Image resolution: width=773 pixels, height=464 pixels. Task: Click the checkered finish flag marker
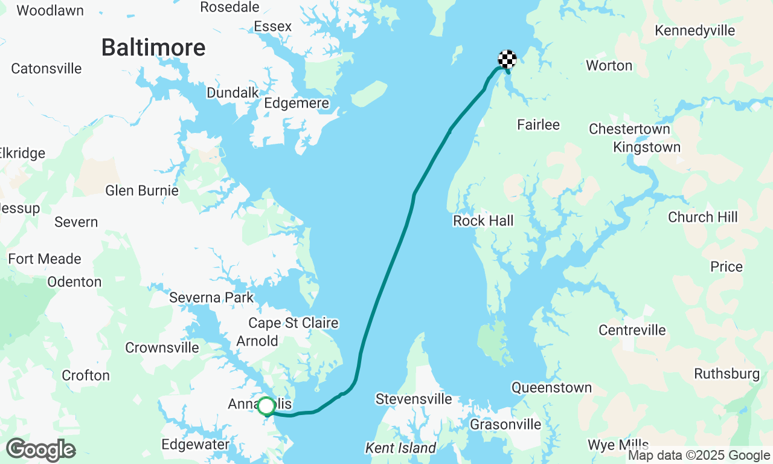pos(507,59)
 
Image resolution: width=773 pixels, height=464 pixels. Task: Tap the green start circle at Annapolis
pos(266,406)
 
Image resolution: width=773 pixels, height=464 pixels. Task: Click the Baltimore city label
pos(153,47)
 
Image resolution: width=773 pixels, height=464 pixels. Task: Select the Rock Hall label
pos(483,221)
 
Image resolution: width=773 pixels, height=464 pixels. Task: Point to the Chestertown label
pos(629,129)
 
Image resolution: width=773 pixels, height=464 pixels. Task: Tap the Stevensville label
pos(414,399)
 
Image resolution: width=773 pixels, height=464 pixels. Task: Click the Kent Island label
pos(400,448)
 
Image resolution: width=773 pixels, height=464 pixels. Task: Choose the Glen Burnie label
pos(142,191)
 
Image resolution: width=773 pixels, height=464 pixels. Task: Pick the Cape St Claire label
pos(293,323)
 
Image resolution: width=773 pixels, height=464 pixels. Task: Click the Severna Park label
pos(211,298)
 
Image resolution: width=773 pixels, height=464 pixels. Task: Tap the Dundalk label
pos(233,93)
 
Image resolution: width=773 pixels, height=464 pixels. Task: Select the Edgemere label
pos(297,103)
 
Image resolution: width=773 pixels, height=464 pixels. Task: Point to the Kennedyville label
pos(695,31)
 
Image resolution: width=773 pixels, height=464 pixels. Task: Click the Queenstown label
pos(551,388)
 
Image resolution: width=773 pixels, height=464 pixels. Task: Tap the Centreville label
pos(632,330)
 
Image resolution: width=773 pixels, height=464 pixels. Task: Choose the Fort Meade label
pos(45,259)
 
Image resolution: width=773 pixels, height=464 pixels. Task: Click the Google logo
pos(41,450)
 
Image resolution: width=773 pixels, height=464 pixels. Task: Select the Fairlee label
pos(538,125)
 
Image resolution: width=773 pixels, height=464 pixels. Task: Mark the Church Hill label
pos(703,217)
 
